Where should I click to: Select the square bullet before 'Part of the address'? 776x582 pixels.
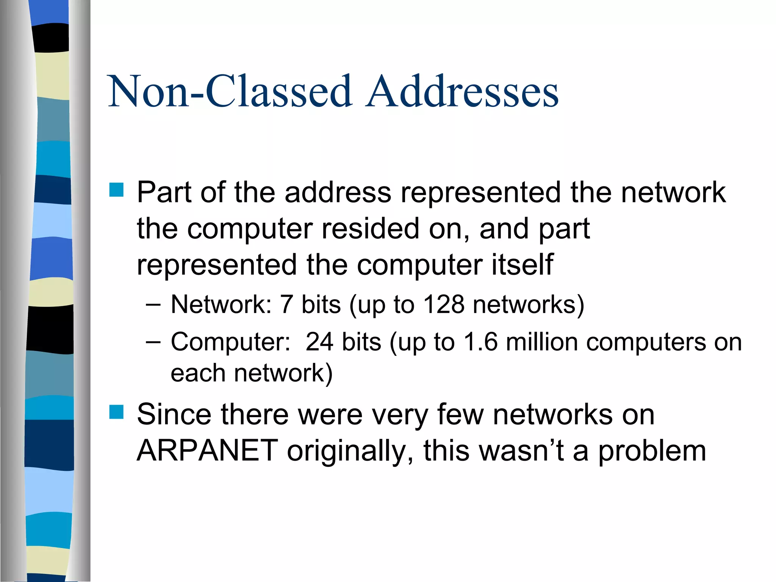pos(116,190)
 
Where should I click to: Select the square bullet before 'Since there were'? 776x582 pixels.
pos(116,412)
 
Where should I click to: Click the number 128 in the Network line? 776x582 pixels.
pos(444,304)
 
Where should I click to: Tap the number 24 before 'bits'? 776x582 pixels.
pos(319,342)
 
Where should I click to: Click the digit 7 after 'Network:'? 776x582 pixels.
pos(286,304)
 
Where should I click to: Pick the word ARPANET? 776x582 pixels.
pos(207,451)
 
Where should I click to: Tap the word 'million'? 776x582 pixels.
pos(541,342)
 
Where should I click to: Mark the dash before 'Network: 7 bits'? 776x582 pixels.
pos(153,304)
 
